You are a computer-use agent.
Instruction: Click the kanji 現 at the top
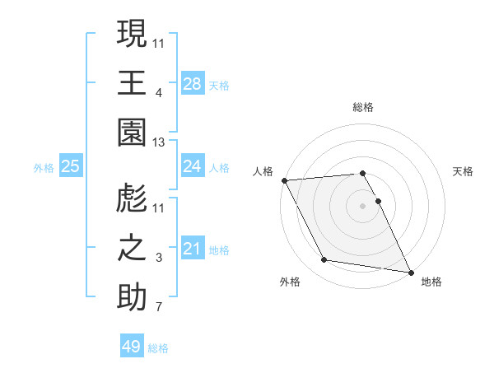tap(132, 35)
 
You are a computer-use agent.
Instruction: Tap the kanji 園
tap(132, 133)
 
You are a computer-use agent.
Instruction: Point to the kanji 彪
tap(132, 198)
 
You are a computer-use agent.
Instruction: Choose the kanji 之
tap(132, 248)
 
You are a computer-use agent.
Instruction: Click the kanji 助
tap(132, 297)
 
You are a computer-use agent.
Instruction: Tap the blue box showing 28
tap(192, 83)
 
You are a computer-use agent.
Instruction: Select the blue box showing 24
tap(192, 166)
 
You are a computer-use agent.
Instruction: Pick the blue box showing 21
tap(192, 248)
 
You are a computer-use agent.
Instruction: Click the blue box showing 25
tap(71, 166)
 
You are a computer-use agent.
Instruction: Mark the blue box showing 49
tap(131, 347)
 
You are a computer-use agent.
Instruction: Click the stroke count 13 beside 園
tap(159, 143)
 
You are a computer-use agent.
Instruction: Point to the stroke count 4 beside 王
tap(159, 93)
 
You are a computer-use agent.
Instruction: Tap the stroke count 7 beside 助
tap(159, 308)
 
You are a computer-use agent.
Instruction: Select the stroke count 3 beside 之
tap(159, 259)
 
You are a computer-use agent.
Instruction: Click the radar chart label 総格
tap(362, 107)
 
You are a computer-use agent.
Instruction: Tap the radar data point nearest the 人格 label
tap(284, 180)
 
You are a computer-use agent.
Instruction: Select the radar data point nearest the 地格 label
tap(410, 271)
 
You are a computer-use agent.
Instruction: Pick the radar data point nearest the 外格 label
tap(324, 260)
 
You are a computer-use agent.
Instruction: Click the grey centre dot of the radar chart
tap(362, 206)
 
